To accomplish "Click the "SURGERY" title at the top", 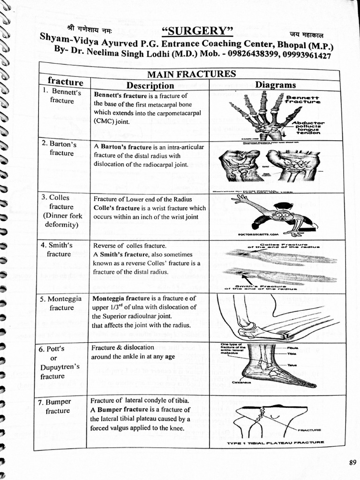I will pyautogui.click(x=197, y=31).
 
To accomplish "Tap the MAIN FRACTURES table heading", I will pyautogui.click(x=191, y=74).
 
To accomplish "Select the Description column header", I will pyautogui.click(x=150, y=85).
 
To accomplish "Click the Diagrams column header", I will pyautogui.click(x=275, y=85).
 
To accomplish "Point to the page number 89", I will pyautogui.click(x=352, y=462).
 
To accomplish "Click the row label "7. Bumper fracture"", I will pyautogui.click(x=58, y=406).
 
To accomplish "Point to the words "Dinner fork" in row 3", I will pyautogui.click(x=62, y=216).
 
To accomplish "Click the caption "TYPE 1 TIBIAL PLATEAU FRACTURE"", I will pyautogui.click(x=276, y=442).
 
